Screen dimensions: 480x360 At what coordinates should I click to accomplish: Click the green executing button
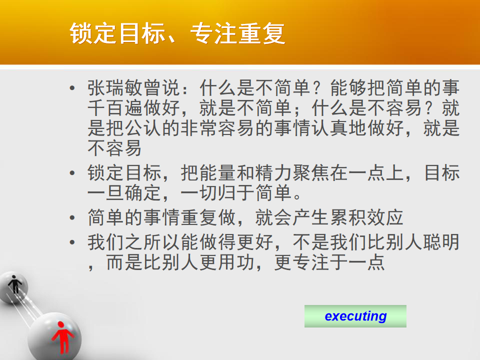click(x=355, y=316)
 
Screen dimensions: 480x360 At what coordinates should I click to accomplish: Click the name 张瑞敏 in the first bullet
click(x=115, y=88)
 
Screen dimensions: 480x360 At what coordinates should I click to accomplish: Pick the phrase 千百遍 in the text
click(x=115, y=108)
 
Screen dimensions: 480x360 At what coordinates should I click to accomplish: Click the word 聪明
click(x=441, y=242)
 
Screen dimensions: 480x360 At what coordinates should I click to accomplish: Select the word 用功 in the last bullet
click(x=236, y=262)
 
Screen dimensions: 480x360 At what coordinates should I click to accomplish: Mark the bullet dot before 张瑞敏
click(x=72, y=88)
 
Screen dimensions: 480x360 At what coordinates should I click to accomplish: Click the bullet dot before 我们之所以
click(x=72, y=242)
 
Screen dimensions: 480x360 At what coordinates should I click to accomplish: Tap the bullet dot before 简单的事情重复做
click(x=72, y=217)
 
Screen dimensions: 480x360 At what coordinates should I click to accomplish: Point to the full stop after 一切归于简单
click(x=297, y=196)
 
